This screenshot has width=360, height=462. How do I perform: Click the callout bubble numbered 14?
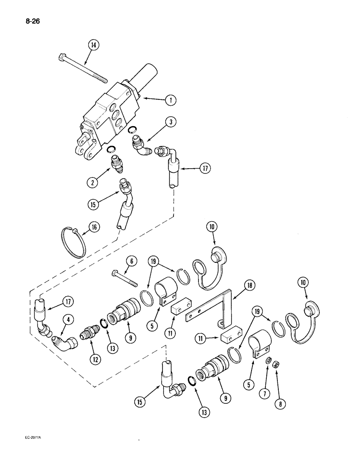point(94,45)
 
